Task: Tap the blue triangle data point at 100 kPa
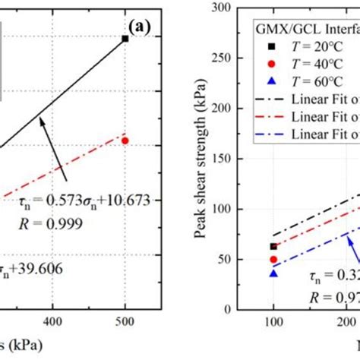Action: click(273, 273)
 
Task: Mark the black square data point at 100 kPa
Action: click(273, 247)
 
